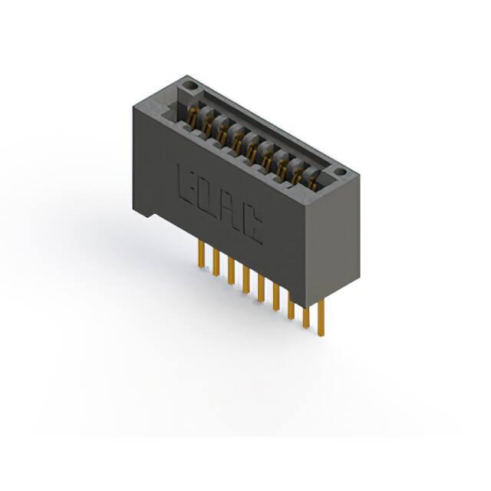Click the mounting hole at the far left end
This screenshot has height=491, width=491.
tap(189, 85)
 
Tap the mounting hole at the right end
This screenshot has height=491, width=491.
tap(340, 172)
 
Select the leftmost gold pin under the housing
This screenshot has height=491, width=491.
tap(201, 255)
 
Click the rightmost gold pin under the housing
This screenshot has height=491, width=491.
tap(321, 317)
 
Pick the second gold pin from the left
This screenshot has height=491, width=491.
tap(216, 262)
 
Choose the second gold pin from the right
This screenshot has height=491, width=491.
tap(306, 317)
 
